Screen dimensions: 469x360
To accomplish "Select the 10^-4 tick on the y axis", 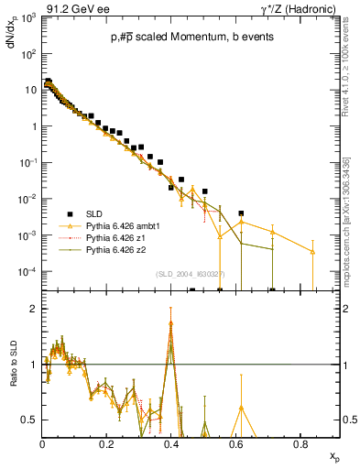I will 29,271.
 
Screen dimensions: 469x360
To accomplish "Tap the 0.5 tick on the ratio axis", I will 31,420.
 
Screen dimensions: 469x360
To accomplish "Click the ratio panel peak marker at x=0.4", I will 171,324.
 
